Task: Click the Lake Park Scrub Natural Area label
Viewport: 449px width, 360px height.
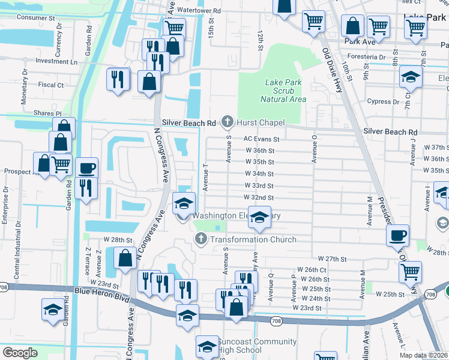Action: pos(283,91)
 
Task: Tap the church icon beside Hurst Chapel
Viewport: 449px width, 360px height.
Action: pos(227,122)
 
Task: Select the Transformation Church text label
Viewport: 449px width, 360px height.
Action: pos(253,239)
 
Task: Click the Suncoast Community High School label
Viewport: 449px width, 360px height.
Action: pos(257,346)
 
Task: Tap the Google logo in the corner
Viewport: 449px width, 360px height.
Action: pos(20,352)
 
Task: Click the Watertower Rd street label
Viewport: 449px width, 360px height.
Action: pos(199,11)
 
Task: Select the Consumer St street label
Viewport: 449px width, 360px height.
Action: pos(36,17)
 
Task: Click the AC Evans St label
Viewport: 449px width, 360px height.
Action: pos(262,139)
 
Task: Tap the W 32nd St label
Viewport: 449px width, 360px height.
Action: pos(259,197)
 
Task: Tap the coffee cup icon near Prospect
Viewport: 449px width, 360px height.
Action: pos(86,167)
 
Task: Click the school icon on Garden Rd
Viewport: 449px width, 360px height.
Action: pos(52,310)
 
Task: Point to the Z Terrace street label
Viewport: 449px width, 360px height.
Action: pos(89,262)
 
